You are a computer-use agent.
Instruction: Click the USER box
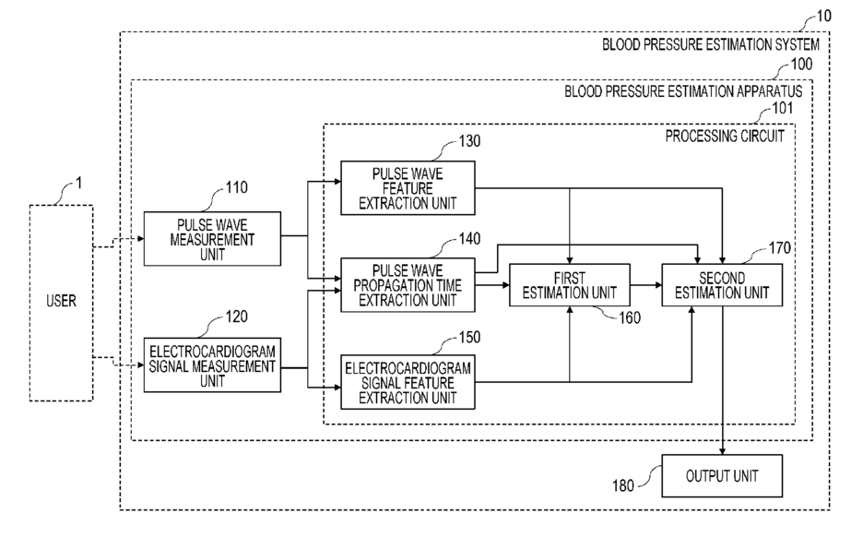point(61,303)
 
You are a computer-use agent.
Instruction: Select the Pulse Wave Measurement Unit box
point(212,239)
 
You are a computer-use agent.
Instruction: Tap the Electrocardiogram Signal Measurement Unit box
point(212,365)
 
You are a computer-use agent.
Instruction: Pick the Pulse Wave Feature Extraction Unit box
point(408,188)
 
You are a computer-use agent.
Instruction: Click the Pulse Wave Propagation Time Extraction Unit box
point(408,285)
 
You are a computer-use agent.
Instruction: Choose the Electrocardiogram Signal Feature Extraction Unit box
point(408,382)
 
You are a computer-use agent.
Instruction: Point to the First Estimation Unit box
point(569,285)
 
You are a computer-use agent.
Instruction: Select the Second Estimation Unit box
point(722,285)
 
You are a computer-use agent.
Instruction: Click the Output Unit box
point(722,476)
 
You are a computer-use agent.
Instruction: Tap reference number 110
point(237,187)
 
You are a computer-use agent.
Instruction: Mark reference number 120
point(237,317)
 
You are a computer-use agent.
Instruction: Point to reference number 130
point(470,141)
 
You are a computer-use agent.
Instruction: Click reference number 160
point(630,317)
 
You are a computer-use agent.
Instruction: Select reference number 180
point(623,485)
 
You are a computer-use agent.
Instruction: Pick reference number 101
point(783,108)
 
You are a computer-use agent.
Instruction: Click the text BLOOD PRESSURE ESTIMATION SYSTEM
point(711,44)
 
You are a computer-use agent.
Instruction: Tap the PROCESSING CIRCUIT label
point(725,136)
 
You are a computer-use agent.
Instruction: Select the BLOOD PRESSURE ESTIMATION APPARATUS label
point(683,91)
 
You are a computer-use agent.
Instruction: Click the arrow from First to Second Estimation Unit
point(645,285)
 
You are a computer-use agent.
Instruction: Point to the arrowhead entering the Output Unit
point(722,451)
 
